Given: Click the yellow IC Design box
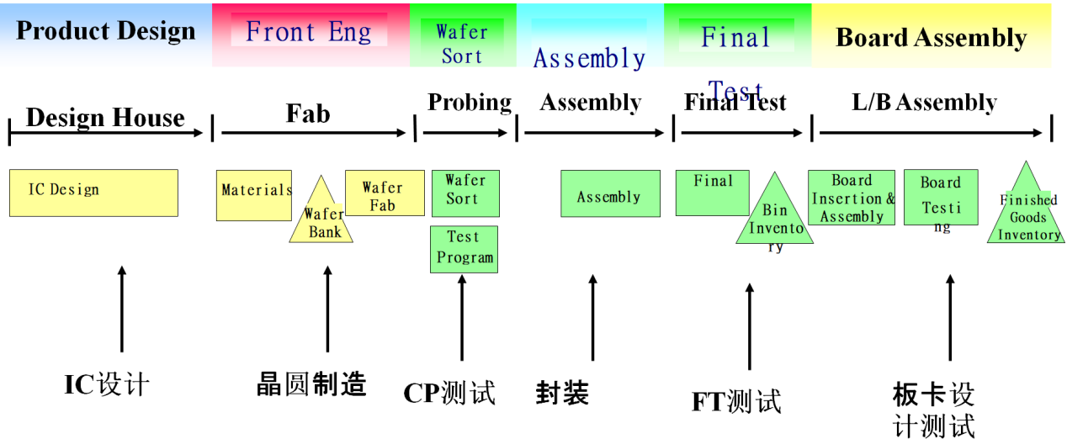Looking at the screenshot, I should pos(93,193).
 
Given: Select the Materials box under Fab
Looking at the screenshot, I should pos(254,195).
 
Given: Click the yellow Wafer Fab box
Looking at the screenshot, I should pos(385,193).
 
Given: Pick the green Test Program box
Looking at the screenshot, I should pos(464,249).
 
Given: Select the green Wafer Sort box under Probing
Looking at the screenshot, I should pos(465,193).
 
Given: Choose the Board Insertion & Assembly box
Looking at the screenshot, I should pos(852,198).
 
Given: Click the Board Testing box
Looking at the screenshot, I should pos(941,197).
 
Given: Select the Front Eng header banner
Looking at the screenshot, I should pos(310,34).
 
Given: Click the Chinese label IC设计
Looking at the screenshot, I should pos(107,384).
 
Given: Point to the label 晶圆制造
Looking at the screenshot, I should pos(311,384).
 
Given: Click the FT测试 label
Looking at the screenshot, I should pos(736,401).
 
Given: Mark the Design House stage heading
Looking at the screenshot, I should pos(105,117).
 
